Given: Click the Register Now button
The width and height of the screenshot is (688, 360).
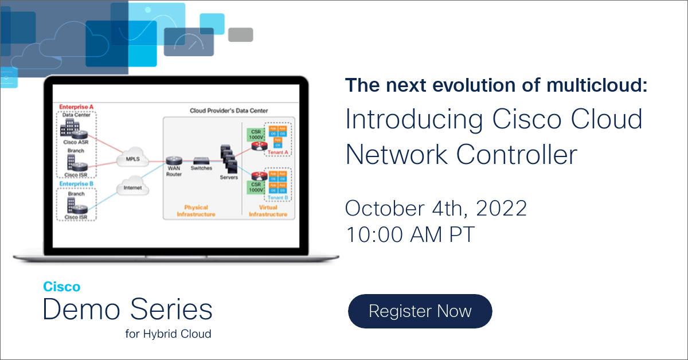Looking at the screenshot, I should (x=420, y=311).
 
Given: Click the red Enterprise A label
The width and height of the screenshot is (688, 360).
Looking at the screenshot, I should (x=76, y=107).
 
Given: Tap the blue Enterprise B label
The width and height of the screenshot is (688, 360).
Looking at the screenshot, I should (x=76, y=184).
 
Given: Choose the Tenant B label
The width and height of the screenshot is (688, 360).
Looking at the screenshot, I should (x=277, y=198).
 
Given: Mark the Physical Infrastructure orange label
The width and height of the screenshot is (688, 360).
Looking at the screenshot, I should (x=196, y=211).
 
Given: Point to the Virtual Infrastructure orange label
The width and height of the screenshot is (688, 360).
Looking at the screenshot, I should (x=268, y=211).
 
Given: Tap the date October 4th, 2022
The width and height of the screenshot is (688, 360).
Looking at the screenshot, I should (x=436, y=208).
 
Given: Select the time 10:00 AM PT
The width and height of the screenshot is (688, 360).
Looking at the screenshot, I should (x=410, y=234).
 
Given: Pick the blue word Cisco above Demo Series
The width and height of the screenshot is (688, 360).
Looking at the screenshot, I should (x=62, y=287).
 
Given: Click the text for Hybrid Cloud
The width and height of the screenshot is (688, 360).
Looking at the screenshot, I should (x=168, y=334).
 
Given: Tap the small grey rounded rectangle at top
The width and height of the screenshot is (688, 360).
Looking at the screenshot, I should (x=240, y=35).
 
